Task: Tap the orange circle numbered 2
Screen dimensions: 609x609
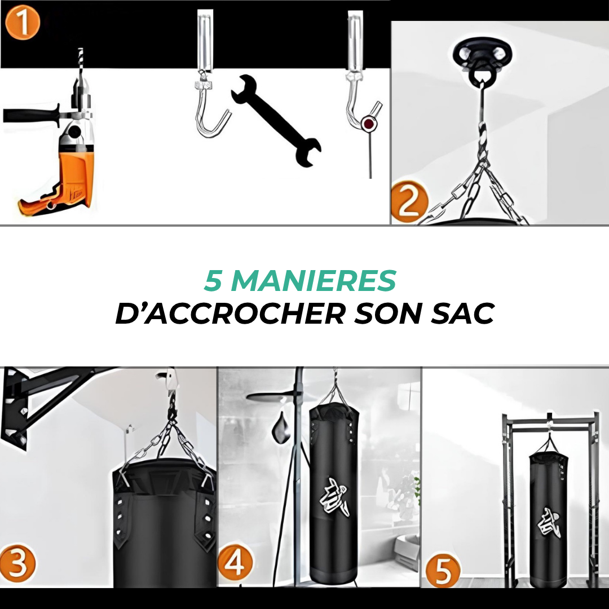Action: (x=409, y=203)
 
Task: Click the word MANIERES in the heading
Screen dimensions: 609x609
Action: (x=314, y=281)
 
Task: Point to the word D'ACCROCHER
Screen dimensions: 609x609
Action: (x=230, y=313)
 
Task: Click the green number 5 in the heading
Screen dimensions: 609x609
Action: (x=213, y=281)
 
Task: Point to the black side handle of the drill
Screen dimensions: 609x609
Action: (x=31, y=115)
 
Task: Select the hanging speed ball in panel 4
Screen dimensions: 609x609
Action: (x=281, y=431)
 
